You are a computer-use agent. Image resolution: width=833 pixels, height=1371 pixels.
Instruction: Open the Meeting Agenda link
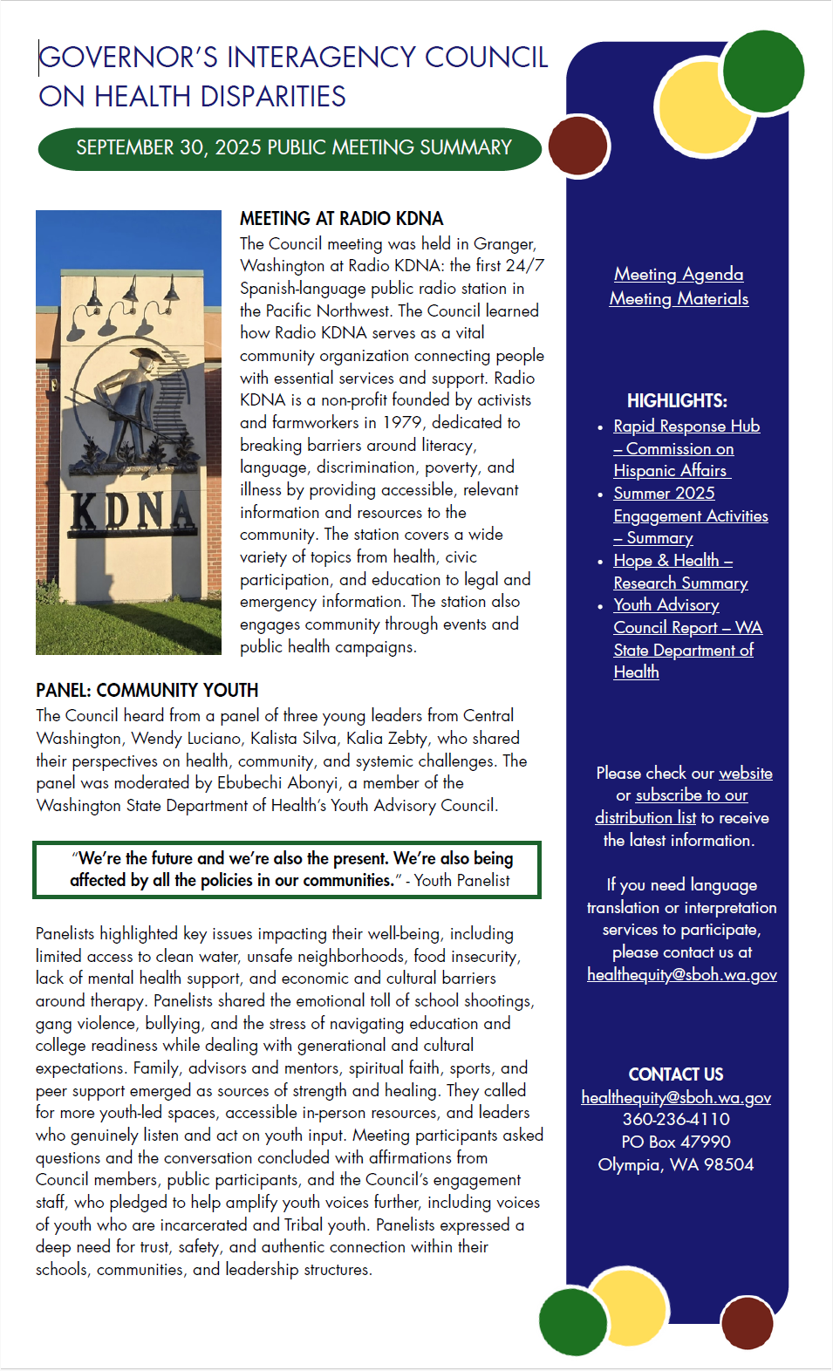tap(679, 275)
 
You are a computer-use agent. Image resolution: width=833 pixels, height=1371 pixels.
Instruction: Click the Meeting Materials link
tap(679, 299)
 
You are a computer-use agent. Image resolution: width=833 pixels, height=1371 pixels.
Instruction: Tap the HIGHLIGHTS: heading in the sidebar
tap(677, 401)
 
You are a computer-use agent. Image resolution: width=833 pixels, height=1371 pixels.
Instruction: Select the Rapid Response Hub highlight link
tap(686, 426)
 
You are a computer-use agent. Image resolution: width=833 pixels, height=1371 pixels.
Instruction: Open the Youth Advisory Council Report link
tap(686, 628)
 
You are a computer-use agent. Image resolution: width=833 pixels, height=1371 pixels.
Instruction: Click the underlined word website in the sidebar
tap(745, 774)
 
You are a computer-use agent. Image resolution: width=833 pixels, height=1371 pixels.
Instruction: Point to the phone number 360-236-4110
tap(676, 1120)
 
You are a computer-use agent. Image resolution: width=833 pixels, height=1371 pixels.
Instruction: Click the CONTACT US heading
tap(676, 1074)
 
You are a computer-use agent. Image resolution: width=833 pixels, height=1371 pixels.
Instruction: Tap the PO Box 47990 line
tap(676, 1142)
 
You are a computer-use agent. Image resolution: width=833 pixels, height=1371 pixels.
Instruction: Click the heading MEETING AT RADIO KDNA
tap(341, 219)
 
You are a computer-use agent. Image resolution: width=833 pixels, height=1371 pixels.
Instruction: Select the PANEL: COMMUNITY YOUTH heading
tap(147, 691)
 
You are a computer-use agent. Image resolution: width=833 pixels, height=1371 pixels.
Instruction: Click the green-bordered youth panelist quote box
tap(287, 870)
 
